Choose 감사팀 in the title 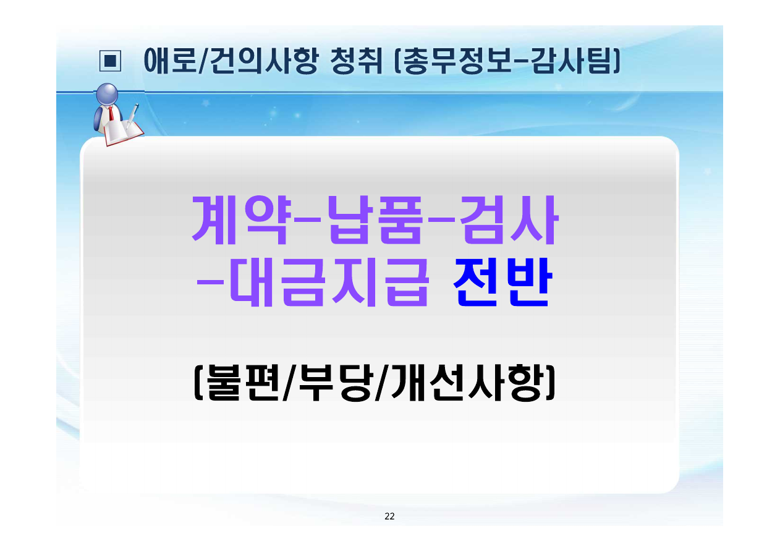[572, 61]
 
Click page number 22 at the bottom [389, 517]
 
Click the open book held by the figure [123, 132]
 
